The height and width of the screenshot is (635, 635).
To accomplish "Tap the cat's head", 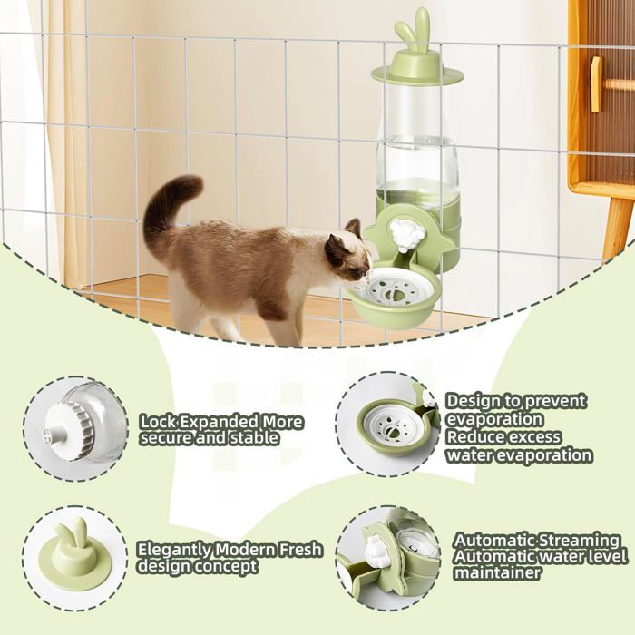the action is point(347,253).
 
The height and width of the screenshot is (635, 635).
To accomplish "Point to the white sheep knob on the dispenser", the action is point(407,235).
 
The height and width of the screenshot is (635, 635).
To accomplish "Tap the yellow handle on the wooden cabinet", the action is point(596,84).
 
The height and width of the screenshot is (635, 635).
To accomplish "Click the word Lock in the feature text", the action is point(158,423).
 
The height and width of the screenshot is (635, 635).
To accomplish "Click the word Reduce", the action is point(474,437).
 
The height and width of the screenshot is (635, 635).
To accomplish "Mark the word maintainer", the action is point(497,573).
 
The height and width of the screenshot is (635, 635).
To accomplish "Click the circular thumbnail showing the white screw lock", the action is point(75,429).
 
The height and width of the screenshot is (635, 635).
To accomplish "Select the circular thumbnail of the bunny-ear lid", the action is point(75,557).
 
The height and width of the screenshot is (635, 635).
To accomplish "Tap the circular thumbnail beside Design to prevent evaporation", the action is point(389,424).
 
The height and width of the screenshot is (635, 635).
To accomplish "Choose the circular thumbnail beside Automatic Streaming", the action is point(389,557).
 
